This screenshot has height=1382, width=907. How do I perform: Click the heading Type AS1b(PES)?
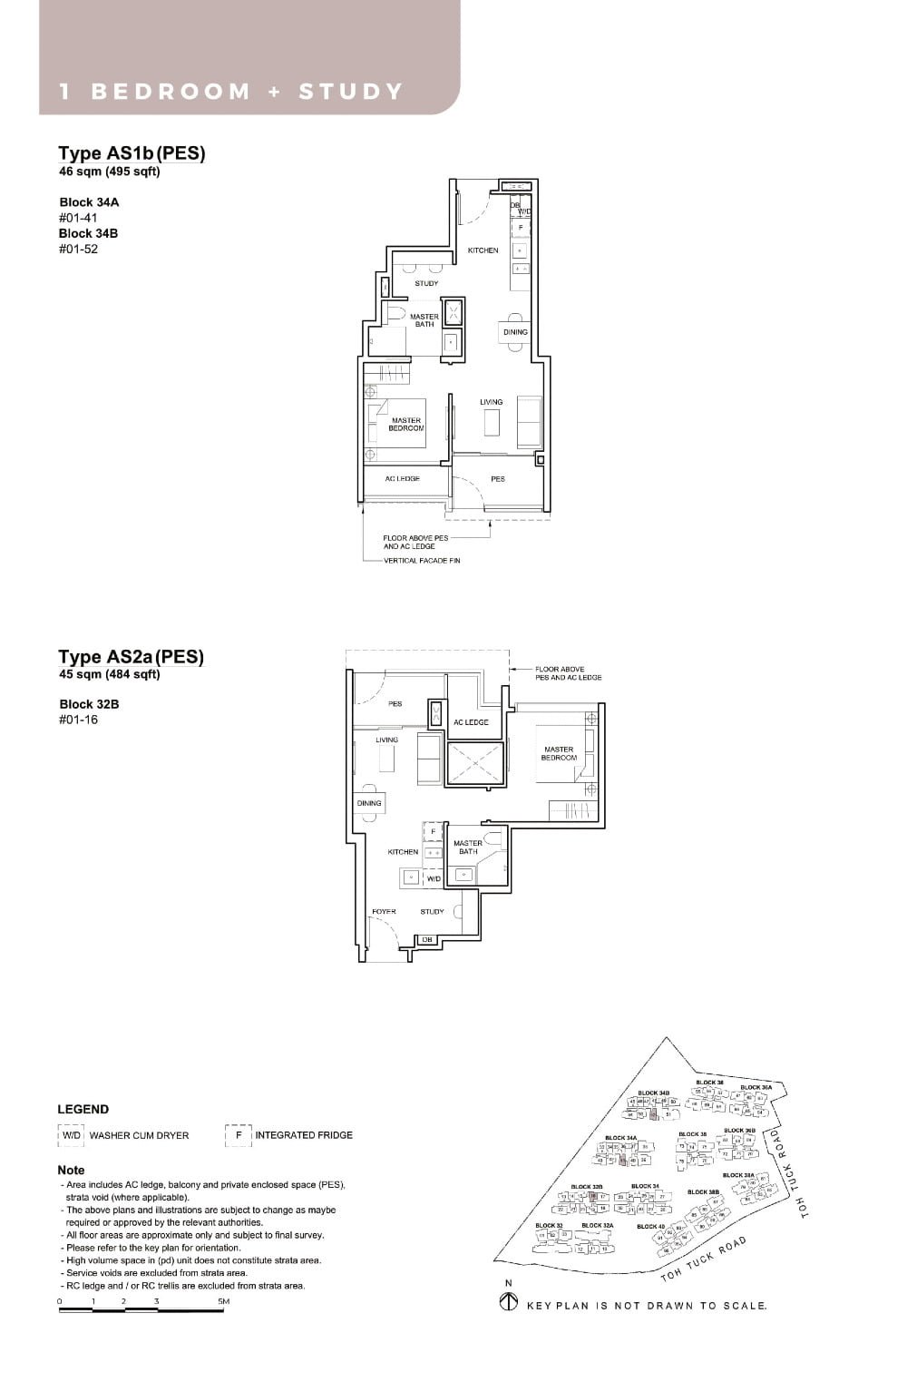(132, 153)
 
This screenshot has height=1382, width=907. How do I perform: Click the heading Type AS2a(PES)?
(132, 656)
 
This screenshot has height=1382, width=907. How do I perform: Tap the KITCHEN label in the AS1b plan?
(483, 250)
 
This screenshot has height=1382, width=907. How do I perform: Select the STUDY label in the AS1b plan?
(426, 283)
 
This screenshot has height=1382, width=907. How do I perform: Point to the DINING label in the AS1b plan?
(515, 332)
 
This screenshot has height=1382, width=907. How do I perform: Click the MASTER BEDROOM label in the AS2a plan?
(559, 753)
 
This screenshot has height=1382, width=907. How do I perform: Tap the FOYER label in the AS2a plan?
(384, 911)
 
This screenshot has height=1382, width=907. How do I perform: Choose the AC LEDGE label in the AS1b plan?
(403, 479)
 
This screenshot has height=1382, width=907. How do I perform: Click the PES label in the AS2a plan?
(395, 703)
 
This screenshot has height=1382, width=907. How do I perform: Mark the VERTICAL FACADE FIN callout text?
(422, 561)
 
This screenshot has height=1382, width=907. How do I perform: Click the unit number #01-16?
(79, 720)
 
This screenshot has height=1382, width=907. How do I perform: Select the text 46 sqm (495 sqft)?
(109, 171)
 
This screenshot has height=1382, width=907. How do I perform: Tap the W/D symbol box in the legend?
(72, 1135)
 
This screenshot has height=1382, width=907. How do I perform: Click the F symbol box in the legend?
(238, 1135)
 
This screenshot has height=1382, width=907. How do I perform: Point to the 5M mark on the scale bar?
(223, 1301)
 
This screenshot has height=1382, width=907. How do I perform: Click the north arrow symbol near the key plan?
(509, 1303)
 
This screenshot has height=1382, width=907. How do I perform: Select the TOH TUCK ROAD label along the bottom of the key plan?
(705, 1259)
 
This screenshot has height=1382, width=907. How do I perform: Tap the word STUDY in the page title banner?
(350, 92)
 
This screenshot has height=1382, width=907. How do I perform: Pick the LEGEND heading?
(83, 1109)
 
